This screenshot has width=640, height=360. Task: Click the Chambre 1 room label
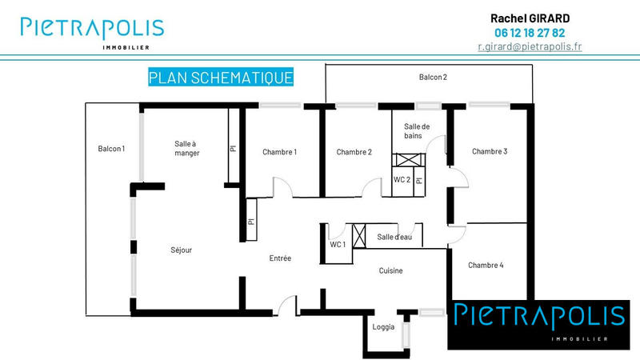point(279,152)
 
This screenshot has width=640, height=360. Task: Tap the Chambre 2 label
point(354,152)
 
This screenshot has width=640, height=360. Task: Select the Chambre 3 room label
point(489,151)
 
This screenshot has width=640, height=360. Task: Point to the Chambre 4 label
point(486,266)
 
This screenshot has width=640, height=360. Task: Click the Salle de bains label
point(417,132)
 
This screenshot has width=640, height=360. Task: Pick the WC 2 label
point(402,180)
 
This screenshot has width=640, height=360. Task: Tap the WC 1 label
point(338,244)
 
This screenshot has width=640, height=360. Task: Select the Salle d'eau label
point(394,237)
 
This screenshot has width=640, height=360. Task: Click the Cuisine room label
point(390,271)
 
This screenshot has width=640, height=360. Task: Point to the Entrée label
point(280,258)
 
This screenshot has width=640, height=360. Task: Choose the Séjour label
point(182,250)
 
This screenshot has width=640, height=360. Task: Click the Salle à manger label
point(186,149)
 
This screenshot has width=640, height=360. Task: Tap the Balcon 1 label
point(112,149)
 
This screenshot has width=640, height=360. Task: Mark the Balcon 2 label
point(433,78)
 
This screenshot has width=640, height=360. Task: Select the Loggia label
point(384,326)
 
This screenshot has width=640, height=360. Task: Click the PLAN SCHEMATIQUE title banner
point(221,77)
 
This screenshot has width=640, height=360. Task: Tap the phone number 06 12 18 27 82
point(530,33)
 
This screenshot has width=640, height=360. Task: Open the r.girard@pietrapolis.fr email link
point(530,46)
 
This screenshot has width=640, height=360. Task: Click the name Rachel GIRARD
point(530,18)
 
